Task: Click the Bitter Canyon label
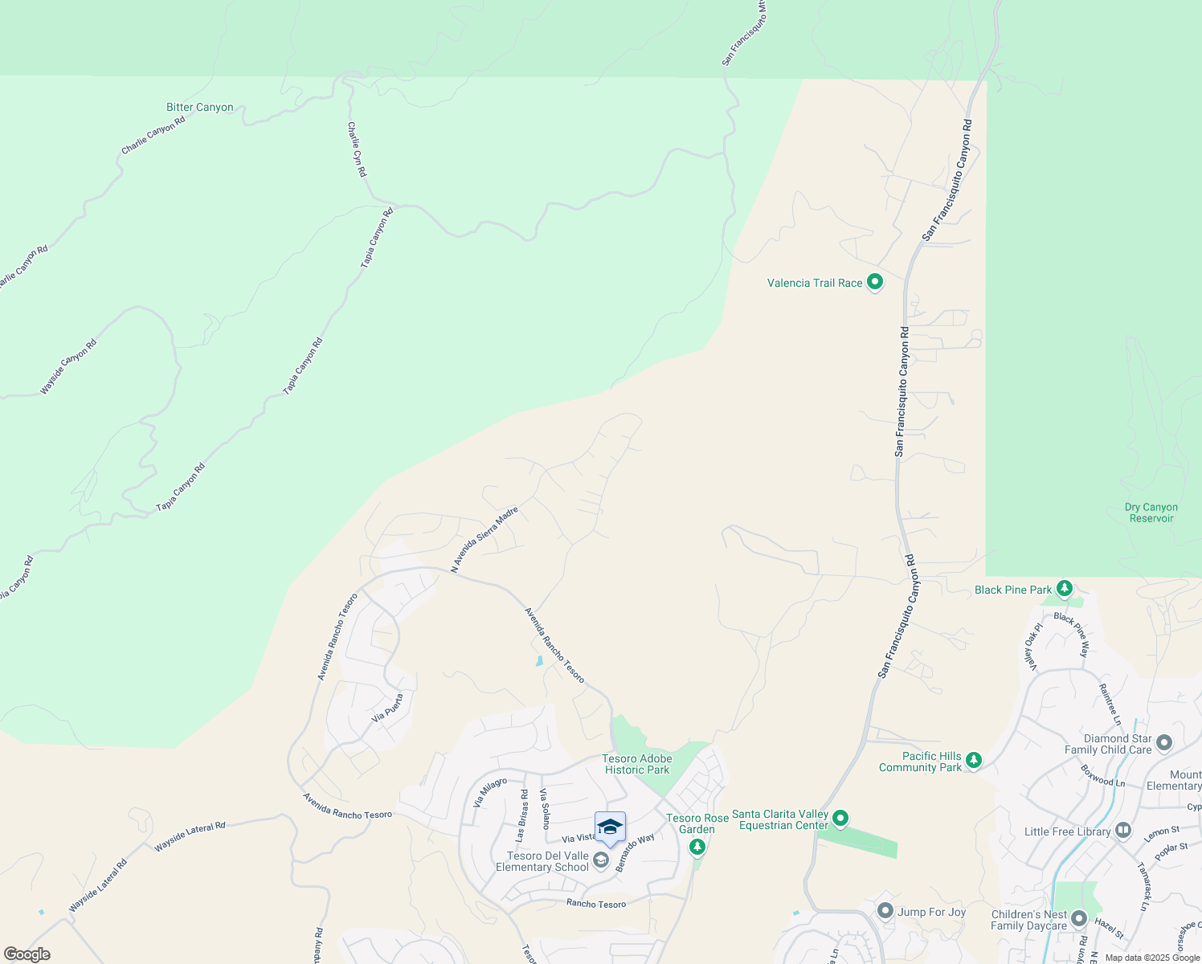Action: point(199,107)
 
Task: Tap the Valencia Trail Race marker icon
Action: point(875,283)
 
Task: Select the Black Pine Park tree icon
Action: point(1065,590)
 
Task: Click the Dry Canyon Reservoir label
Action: point(1151,513)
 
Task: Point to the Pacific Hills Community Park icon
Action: point(974,759)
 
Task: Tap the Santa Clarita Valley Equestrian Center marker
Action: point(840,819)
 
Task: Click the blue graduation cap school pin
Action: point(610,827)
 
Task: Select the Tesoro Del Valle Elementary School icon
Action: point(600,861)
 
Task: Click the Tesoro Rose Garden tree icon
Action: point(697,846)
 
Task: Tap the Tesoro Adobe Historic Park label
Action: point(636,764)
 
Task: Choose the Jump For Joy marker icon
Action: point(885,911)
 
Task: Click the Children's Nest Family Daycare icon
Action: point(1078,919)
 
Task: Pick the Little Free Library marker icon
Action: point(1123,830)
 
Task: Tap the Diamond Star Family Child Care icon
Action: point(1164,742)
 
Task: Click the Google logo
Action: point(27,954)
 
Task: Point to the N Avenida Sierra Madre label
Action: point(484,540)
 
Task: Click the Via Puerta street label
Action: point(388,708)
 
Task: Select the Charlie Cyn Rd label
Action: point(357,149)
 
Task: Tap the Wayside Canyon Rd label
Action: point(68,367)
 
